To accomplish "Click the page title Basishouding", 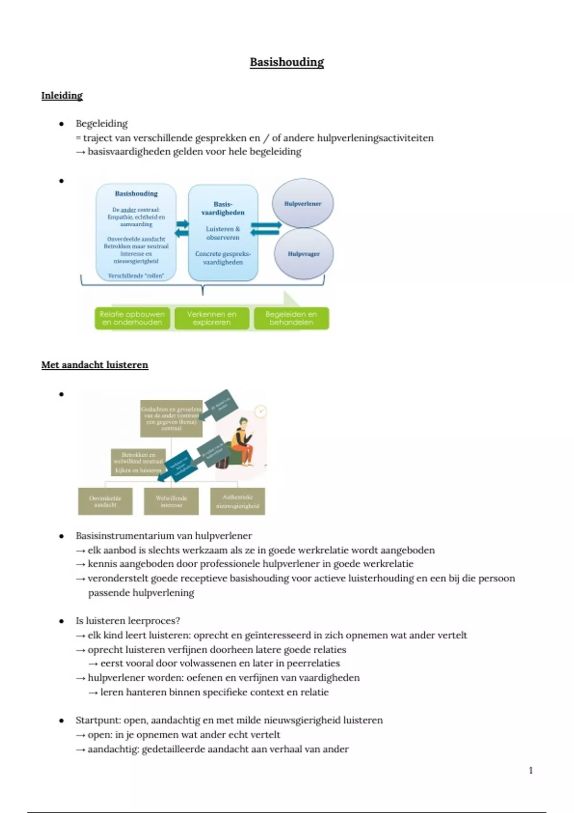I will (287, 62).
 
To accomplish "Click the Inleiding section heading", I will (62, 96).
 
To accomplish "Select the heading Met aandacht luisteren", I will (95, 365).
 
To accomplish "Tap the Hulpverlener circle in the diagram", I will (302, 204).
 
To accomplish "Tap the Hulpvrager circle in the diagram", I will (303, 254).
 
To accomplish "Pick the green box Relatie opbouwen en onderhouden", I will (132, 319).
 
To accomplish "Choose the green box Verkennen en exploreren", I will (211, 319).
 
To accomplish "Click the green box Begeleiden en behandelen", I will (291, 319).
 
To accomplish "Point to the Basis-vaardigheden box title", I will (223, 209).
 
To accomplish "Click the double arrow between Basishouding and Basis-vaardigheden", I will (182, 228).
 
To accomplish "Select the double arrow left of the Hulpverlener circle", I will (265, 229).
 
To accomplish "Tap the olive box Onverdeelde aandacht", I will (105, 501).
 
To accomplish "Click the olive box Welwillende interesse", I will (171, 501).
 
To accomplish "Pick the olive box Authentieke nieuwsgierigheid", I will (237, 501).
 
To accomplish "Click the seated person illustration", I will (242, 442).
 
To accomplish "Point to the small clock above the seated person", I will (261, 411).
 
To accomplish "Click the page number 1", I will (530, 770).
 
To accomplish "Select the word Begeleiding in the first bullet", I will (101, 124).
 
